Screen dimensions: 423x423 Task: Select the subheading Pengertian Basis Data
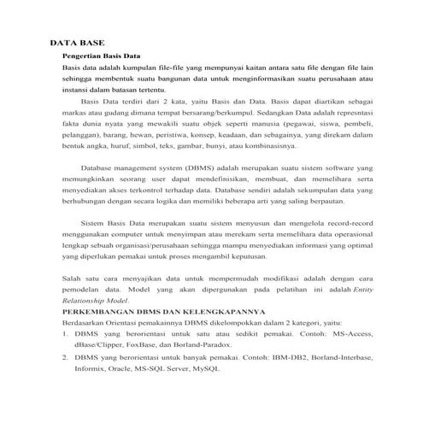tap(101, 55)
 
